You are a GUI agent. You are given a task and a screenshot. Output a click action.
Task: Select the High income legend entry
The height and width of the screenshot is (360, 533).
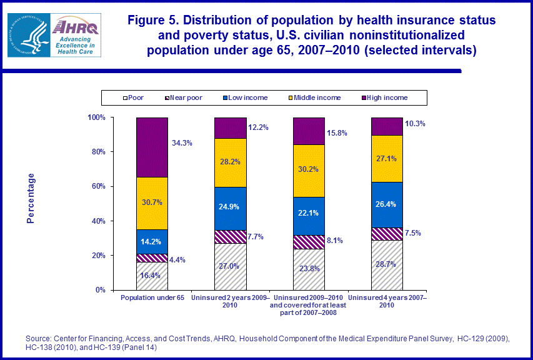point(387,97)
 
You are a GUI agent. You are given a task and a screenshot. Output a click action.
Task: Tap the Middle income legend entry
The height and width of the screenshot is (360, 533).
point(319,97)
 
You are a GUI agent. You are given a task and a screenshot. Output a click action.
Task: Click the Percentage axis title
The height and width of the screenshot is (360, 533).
point(31,198)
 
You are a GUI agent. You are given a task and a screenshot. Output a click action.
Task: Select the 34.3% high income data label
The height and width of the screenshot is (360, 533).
point(182,143)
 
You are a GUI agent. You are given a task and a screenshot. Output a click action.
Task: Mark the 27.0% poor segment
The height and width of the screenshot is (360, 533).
point(230,266)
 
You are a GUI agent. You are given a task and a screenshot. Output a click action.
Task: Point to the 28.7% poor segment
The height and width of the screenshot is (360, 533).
point(387,265)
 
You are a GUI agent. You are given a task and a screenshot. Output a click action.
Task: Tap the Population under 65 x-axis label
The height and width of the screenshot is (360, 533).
point(152,297)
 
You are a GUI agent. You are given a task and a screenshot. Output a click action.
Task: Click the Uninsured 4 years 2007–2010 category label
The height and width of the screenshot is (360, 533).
point(387,301)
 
